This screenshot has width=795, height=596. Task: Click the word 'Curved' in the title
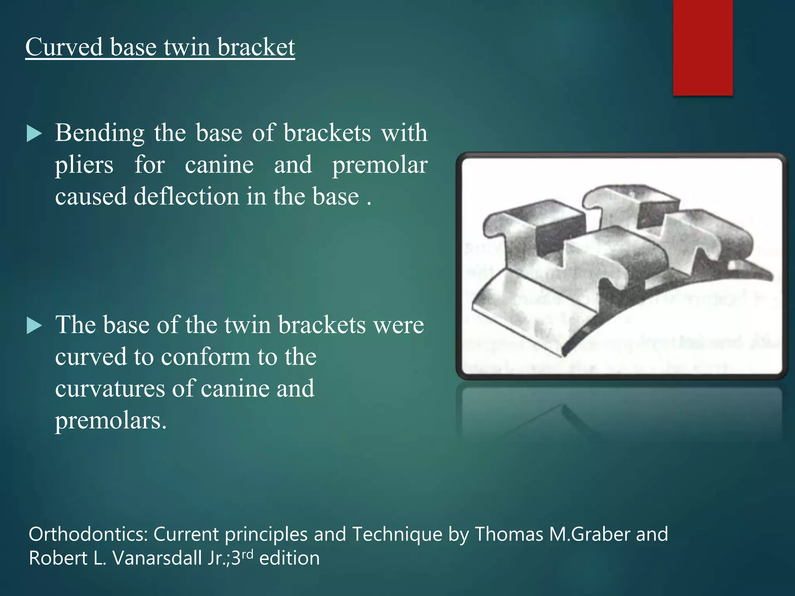coord(64,47)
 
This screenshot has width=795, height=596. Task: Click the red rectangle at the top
coord(703,47)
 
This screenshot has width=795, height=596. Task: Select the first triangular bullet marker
coord(34,134)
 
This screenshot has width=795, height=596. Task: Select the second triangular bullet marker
coord(34,326)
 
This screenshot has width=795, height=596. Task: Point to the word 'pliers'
coord(84,165)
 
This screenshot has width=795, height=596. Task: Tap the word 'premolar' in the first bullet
coord(380,165)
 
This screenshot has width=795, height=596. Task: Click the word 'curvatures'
coord(110,388)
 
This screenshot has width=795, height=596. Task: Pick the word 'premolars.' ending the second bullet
coord(111,421)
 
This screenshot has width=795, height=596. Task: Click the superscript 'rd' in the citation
coord(247,554)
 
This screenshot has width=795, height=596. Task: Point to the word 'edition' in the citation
coord(289,558)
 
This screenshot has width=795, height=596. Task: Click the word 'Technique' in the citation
coord(397,534)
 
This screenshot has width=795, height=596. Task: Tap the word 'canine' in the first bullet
coord(219,165)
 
